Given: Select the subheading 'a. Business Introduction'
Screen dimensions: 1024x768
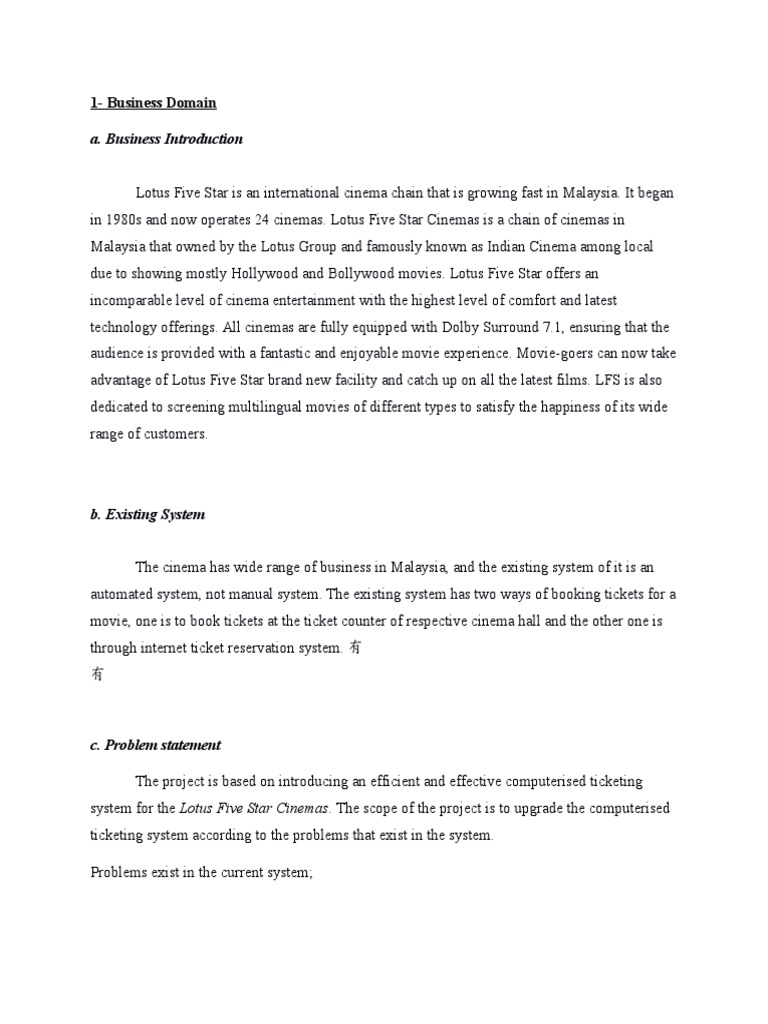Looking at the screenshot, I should coord(166,139).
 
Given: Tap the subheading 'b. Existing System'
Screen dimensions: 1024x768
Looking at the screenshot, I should coord(148,515).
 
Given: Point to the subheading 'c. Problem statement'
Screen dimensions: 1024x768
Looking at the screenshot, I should coord(155,745).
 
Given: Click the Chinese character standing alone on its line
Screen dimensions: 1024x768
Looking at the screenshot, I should coord(97,675).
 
